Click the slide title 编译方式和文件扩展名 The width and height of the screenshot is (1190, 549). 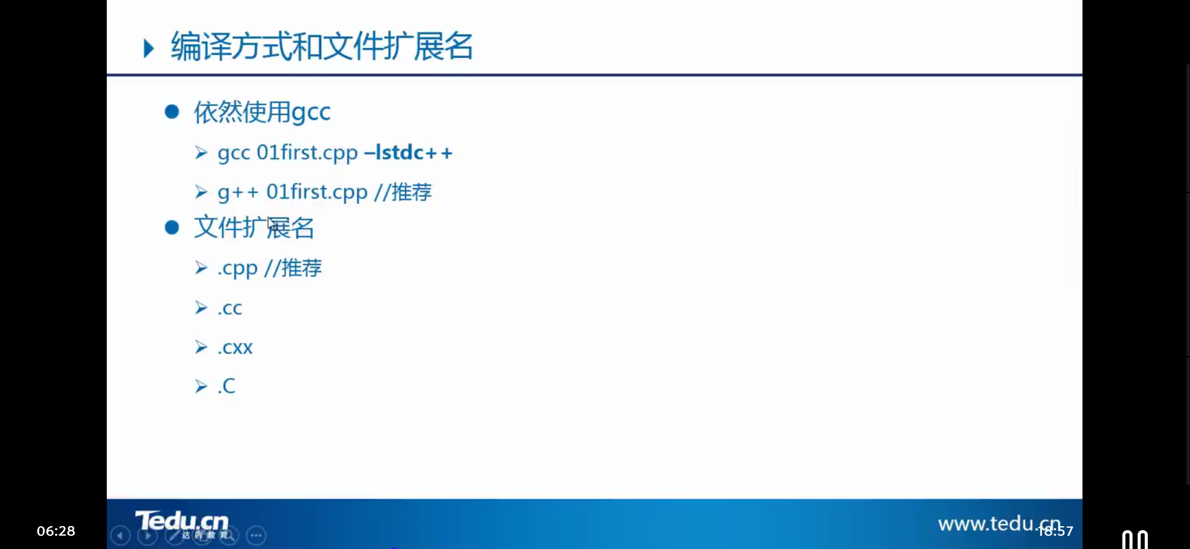pyautogui.click(x=321, y=47)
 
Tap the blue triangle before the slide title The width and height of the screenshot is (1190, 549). pyautogui.click(x=148, y=48)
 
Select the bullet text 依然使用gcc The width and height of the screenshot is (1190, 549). pyautogui.click(x=262, y=112)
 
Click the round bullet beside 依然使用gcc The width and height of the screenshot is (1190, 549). pyautogui.click(x=172, y=112)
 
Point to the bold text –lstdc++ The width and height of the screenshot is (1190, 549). pyautogui.click(x=408, y=152)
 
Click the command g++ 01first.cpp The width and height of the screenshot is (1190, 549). pyautogui.click(x=292, y=192)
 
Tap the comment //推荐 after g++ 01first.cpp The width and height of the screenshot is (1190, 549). pyautogui.click(x=403, y=192)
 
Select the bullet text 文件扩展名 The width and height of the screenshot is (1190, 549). pyautogui.click(x=254, y=227)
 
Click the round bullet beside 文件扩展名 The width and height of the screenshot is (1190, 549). pyautogui.click(x=172, y=227)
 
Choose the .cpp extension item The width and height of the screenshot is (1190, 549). pyautogui.click(x=237, y=268)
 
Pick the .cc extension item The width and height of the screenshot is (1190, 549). pyautogui.click(x=230, y=308)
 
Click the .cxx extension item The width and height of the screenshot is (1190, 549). pyautogui.click(x=235, y=348)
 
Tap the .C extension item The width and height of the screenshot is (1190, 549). pyautogui.click(x=227, y=386)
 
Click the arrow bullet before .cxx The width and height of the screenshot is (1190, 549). pyautogui.click(x=201, y=347)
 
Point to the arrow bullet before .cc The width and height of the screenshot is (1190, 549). pyautogui.click(x=201, y=308)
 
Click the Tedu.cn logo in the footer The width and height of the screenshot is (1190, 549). pyautogui.click(x=182, y=522)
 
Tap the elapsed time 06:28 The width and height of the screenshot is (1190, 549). pyautogui.click(x=56, y=531)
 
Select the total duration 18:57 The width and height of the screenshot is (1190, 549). pyautogui.click(x=1056, y=532)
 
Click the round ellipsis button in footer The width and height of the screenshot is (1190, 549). pyautogui.click(x=256, y=535)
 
